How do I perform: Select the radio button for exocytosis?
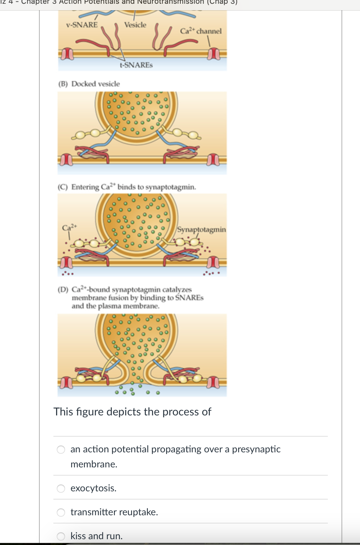coord(61,489)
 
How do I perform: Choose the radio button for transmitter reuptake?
coord(61,513)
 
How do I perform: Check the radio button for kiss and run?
coord(61,536)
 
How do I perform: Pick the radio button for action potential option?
coord(61,450)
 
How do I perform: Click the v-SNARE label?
coord(82,25)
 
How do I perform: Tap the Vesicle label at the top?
coord(135,25)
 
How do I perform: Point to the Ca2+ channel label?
coord(201,31)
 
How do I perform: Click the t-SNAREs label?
coord(136,65)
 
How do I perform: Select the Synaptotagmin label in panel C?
coord(202,229)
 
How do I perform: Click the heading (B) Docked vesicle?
coord(89,84)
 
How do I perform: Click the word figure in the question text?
coord(90,412)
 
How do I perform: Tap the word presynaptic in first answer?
coord(256,449)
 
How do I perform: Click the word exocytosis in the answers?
coord(93,488)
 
